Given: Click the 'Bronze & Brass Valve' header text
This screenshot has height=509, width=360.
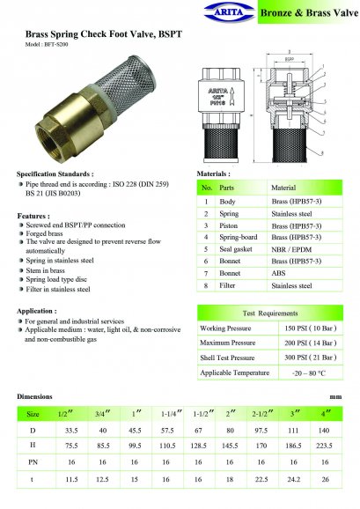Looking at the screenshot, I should click(x=308, y=12).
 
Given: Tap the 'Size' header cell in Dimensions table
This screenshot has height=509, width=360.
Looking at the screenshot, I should click(x=33, y=413).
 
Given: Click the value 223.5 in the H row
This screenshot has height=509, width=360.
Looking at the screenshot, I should click(x=325, y=446).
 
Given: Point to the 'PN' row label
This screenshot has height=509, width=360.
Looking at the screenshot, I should click(x=33, y=462).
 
